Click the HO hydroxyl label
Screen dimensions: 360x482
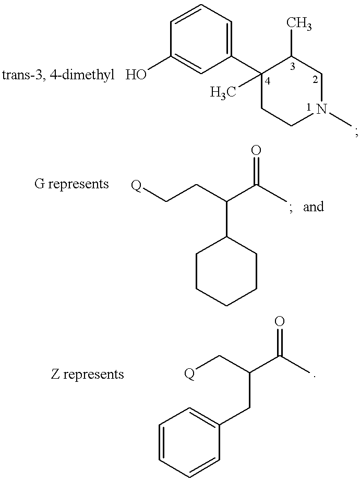[x=136, y=75]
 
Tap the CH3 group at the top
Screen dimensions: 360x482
[x=299, y=23]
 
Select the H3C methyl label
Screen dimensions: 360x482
[x=223, y=92]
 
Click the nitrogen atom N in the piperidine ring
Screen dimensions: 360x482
[x=322, y=109]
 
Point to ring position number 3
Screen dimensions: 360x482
[x=292, y=67]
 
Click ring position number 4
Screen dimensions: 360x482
[x=268, y=81]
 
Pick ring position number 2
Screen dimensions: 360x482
[x=315, y=80]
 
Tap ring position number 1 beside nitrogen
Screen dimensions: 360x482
[x=309, y=107]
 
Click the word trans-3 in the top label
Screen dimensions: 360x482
[x=22, y=75]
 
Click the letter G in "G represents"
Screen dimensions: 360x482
[x=39, y=184]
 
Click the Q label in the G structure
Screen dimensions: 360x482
[x=137, y=186]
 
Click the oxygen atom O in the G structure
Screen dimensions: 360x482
[x=256, y=151]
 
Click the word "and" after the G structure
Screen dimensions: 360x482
[x=314, y=207]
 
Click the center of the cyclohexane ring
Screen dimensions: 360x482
[x=226, y=271]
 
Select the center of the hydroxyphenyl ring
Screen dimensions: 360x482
[x=201, y=39]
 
